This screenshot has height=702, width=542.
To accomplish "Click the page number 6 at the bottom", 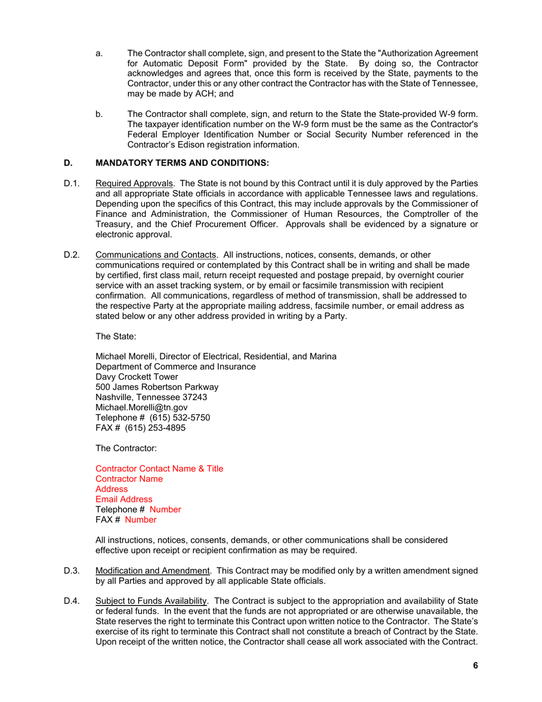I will pyautogui.click(x=475, y=665).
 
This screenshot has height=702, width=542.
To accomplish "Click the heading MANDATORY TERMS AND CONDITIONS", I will pyautogui.click(x=182, y=163).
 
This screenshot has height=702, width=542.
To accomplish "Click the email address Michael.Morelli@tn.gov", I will pyautogui.click(x=141, y=408).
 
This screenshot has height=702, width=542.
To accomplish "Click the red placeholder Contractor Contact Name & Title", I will pyautogui.click(x=159, y=469).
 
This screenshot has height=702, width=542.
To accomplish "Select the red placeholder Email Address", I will pyautogui.click(x=124, y=499).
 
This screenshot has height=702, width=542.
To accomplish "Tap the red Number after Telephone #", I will pyautogui.click(x=165, y=510).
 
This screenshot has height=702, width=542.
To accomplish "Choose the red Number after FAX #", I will pyautogui.click(x=140, y=520).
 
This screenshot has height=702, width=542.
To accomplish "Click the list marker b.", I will pyautogui.click(x=99, y=114).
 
